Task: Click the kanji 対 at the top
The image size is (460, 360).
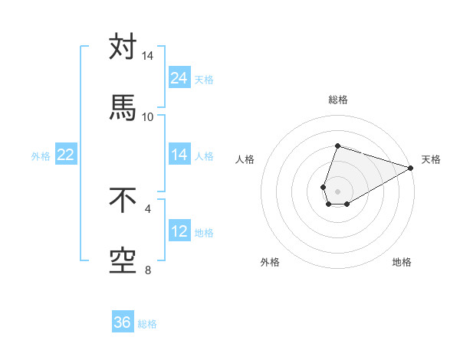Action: click(123, 47)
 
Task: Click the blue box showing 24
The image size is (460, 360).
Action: click(179, 77)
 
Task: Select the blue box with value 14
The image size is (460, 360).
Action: click(179, 155)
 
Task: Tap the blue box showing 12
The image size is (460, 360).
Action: click(179, 231)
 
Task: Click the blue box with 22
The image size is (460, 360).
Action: click(66, 155)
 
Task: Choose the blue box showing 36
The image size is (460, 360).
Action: click(123, 322)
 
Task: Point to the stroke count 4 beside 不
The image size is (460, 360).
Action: click(147, 208)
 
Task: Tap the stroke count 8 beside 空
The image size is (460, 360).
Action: click(147, 270)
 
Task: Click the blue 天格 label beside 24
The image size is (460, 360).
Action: click(204, 79)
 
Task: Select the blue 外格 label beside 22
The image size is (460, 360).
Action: click(41, 156)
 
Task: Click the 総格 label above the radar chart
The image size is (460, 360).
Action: click(338, 100)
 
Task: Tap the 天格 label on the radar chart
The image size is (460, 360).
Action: click(431, 160)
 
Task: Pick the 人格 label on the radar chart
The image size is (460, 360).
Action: click(245, 160)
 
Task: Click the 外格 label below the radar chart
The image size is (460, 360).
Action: click(270, 262)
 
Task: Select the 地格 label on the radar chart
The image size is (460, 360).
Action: click(402, 262)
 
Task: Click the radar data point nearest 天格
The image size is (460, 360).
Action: click(412, 168)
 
